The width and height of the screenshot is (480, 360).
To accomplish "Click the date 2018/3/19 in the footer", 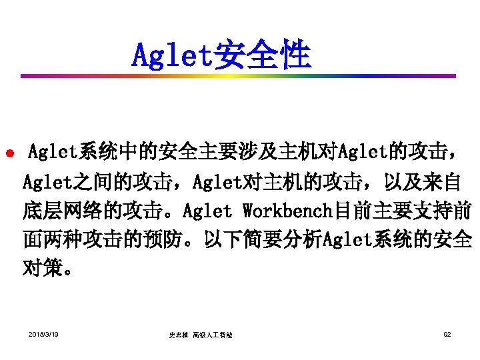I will pos(43,333).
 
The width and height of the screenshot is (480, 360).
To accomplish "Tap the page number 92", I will pos(447,333).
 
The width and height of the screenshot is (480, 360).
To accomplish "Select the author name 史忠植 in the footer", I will pos(179,335).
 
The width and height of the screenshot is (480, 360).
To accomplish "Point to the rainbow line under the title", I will pos(240,76).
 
